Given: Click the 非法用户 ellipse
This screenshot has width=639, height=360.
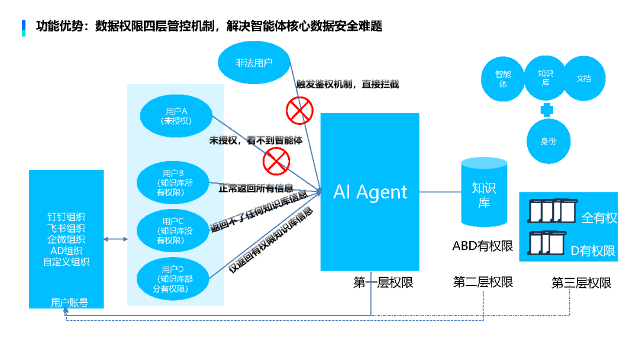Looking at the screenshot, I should [x=254, y=62].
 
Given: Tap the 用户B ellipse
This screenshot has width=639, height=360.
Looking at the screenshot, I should [x=174, y=182].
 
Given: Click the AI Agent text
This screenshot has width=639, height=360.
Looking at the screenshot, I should [x=370, y=192].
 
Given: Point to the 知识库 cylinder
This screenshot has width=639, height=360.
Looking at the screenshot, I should [x=483, y=191].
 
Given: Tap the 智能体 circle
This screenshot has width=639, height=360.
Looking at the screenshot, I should [x=504, y=79].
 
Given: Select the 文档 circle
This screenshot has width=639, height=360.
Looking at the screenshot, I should [x=583, y=78].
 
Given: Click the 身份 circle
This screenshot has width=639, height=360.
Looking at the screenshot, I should [x=548, y=142].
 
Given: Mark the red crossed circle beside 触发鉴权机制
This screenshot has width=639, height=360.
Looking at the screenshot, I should [x=299, y=110].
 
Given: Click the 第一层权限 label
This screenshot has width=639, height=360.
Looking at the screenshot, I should [x=383, y=282].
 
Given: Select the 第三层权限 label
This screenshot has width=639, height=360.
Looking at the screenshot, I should [x=581, y=283].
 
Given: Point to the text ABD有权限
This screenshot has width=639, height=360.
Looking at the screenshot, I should [x=483, y=246].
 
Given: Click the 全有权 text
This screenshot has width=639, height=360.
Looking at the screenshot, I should [x=599, y=218].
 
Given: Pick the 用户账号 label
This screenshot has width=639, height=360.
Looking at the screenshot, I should [x=69, y=303].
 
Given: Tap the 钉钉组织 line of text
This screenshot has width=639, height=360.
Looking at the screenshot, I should [x=66, y=217].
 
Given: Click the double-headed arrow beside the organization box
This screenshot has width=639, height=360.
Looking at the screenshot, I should [x=116, y=239].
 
